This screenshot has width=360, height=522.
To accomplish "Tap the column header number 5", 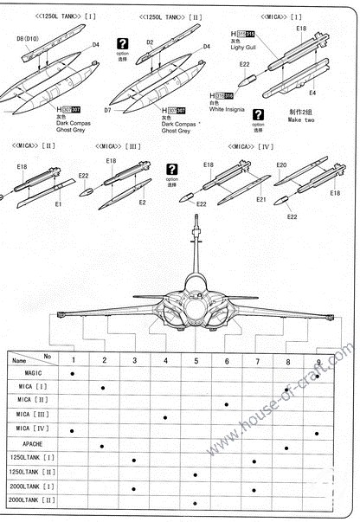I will pos(196,360).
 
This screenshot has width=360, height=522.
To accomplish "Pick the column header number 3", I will pos(134,360).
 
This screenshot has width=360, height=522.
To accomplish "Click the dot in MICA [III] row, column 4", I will pos(164,417).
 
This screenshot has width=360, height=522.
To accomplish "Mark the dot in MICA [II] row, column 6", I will pos(226,403).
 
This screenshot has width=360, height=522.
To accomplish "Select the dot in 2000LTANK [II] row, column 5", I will pos(196,501).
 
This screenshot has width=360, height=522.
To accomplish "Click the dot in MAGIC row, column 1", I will pos(73,374).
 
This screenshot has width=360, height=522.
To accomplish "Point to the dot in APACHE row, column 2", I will pos(103,446).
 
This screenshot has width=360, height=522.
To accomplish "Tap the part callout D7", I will pos(108,111).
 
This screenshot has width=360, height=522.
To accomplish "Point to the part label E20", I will pos(280,164).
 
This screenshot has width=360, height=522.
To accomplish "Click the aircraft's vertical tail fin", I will pos(196,251).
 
